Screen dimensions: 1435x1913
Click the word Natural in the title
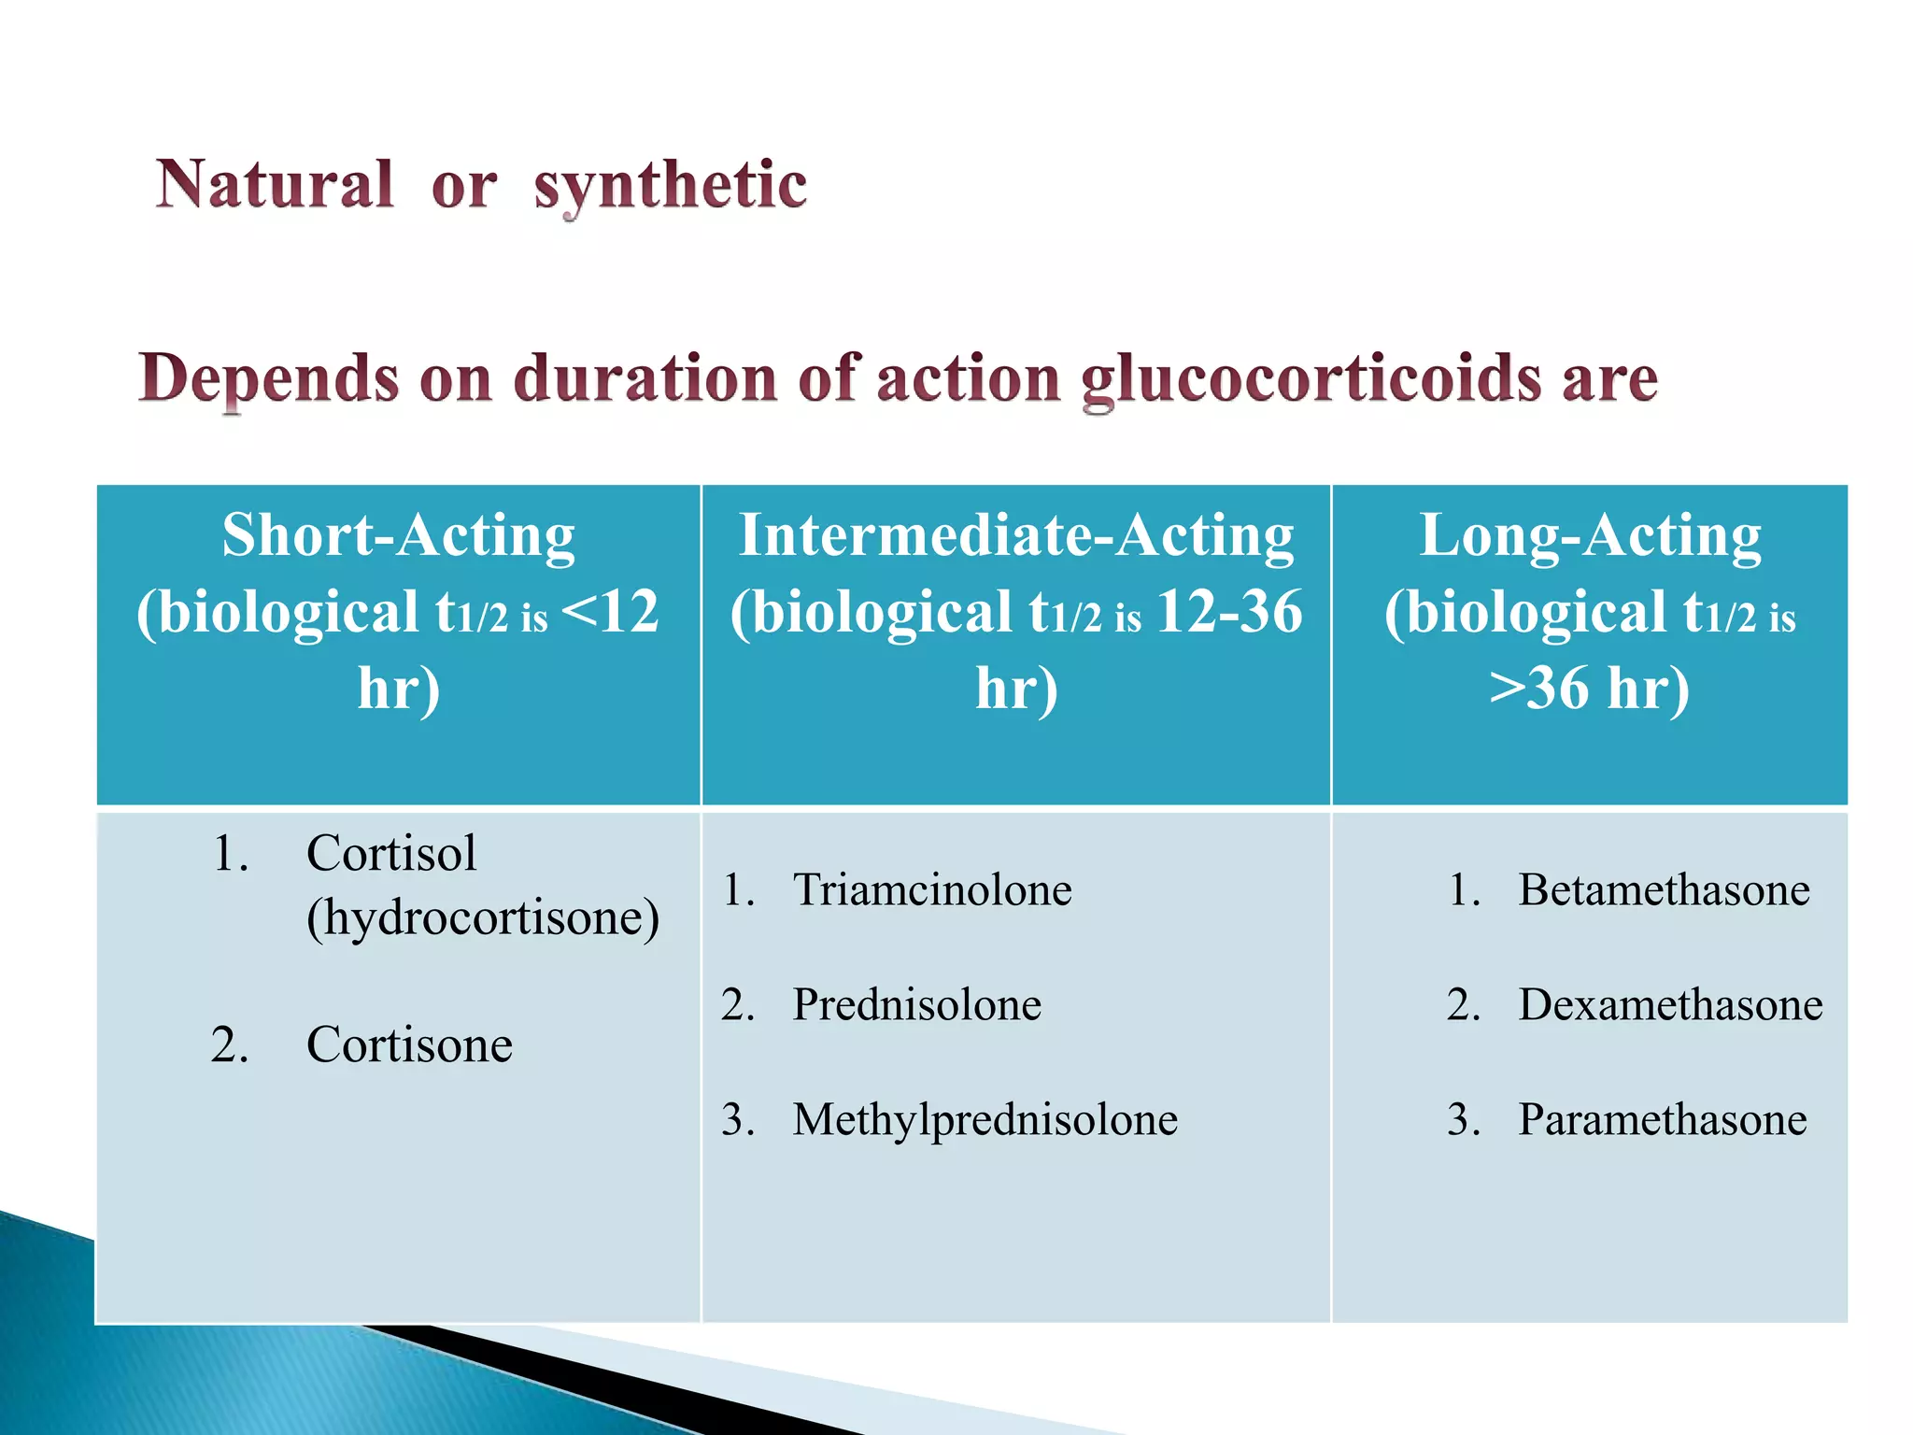pos(275,184)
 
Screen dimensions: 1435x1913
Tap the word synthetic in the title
pos(670,186)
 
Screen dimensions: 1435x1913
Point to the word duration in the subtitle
pos(645,379)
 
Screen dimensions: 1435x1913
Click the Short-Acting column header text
pos(399,535)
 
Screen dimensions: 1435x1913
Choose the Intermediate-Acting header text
pos(1016,535)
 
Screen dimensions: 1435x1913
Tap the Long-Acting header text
pos(1590,535)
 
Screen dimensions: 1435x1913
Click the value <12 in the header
pos(612,612)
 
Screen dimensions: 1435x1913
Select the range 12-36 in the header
pos(1229,612)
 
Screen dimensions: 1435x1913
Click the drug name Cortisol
pos(391,853)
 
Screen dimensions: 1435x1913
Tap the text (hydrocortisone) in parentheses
pos(483,917)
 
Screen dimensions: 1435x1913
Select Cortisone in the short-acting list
pos(409,1044)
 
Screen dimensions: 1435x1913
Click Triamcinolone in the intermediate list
pos(932,889)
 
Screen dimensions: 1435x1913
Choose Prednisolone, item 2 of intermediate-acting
pos(916,1004)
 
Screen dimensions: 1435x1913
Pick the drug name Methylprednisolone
pos(985,1119)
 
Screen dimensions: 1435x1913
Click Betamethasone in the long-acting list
pos(1664,889)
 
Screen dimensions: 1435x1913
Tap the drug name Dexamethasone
pos(1670,1004)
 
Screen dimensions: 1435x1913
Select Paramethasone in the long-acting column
pos(1663,1119)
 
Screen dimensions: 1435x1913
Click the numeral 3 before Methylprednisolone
pos(733,1119)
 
